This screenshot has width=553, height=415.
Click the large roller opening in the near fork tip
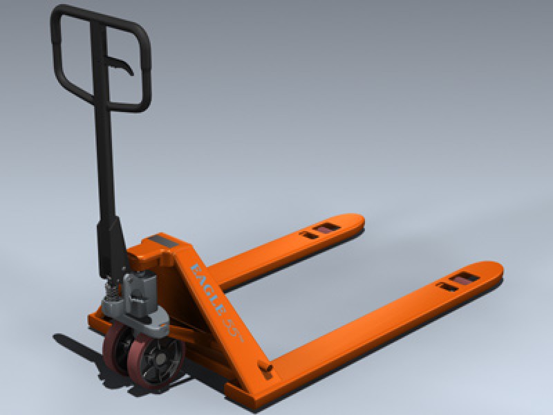(x=462, y=279)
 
